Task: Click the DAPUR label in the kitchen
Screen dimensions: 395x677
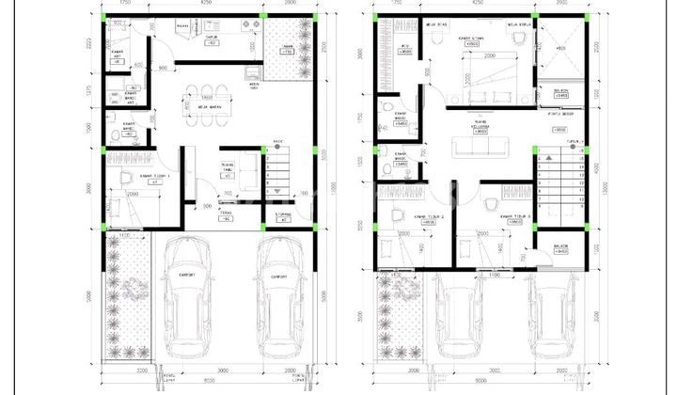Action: (x=213, y=37)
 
